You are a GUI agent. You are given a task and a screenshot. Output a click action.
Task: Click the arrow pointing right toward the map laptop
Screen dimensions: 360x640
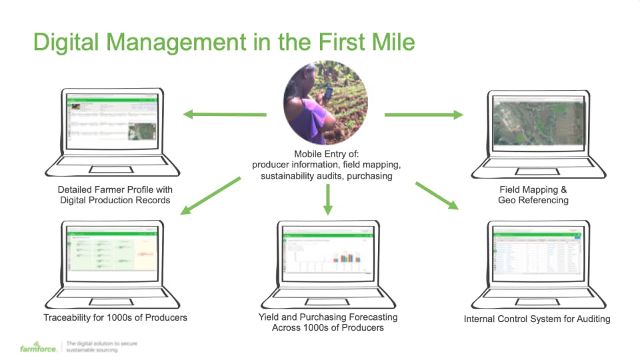(423, 115)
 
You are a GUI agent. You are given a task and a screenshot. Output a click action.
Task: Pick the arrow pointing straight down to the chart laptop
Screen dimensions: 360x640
(327, 199)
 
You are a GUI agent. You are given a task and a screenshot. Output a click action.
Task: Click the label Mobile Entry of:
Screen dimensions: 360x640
(326, 154)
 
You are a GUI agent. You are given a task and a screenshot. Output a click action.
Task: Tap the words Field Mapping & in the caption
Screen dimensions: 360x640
(533, 189)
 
